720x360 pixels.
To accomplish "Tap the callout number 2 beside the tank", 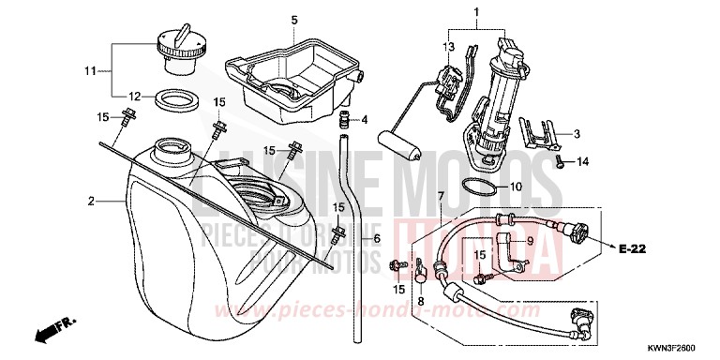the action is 91,201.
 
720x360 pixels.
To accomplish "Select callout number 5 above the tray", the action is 293,20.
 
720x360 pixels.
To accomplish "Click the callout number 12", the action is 135,96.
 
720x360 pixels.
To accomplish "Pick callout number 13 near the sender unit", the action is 448,46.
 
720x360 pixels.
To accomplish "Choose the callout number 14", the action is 582,162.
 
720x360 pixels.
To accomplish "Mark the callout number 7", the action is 441,196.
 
